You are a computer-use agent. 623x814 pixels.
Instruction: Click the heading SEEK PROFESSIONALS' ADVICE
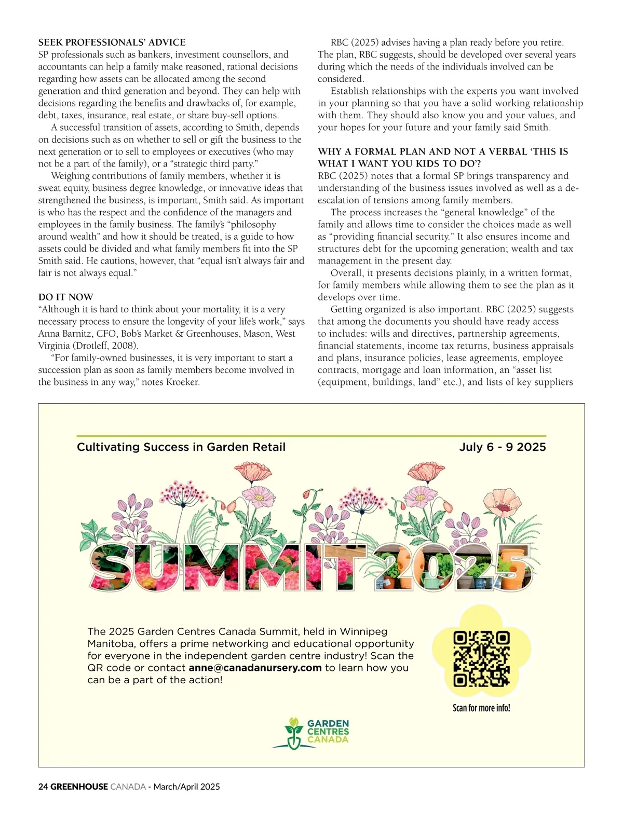point(112,43)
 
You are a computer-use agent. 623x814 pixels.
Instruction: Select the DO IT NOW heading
point(66,297)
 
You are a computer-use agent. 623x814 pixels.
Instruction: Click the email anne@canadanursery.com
point(255,668)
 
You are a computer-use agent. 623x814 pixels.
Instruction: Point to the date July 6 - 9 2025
point(502,447)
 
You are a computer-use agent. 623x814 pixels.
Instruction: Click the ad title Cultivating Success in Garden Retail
point(181,447)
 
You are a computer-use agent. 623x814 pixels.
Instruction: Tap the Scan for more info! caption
point(481,708)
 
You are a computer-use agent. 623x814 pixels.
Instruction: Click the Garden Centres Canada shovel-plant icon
point(293,733)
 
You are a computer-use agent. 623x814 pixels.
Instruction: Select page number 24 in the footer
point(43,787)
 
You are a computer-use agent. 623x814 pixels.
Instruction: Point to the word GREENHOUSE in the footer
point(79,787)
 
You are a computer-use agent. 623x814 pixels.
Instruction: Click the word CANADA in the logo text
point(328,739)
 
